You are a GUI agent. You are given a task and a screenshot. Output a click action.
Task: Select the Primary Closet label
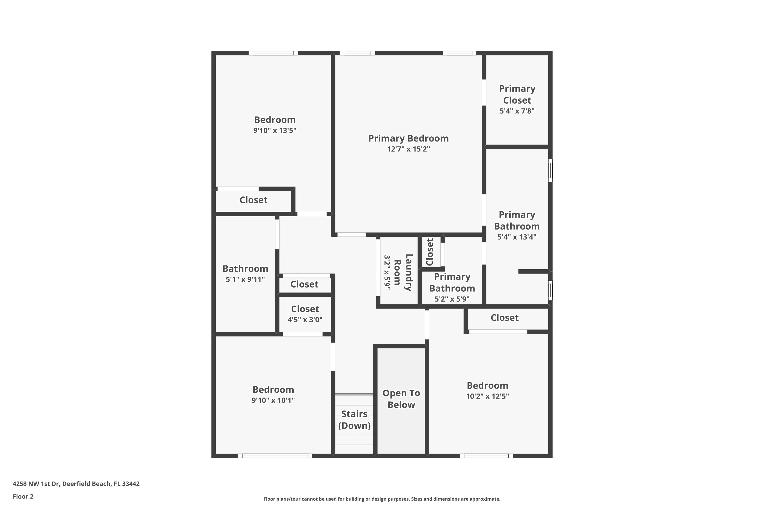point(517,94)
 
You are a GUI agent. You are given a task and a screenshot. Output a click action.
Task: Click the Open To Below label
point(401,399)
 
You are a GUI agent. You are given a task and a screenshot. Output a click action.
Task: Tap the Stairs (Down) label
point(354,420)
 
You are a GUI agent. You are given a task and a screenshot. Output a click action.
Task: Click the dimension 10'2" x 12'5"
point(488,396)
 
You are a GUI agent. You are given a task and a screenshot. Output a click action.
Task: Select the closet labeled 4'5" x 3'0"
point(305,314)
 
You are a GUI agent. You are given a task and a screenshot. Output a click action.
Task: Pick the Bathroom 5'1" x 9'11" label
point(245,273)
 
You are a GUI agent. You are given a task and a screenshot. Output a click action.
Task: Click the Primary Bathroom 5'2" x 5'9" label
point(452,287)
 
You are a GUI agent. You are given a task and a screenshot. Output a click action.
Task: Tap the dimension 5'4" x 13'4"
point(517,237)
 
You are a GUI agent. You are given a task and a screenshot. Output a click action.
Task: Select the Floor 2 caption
point(23,496)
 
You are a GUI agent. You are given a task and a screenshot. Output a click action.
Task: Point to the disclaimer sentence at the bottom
point(382,499)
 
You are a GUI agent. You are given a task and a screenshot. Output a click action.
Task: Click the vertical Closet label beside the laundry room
point(430,252)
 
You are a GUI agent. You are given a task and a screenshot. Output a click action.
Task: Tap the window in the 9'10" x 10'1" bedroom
point(275,456)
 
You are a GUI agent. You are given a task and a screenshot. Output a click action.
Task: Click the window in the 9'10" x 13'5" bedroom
point(273,53)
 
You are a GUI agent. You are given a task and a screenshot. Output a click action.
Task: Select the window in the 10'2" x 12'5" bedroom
point(486,456)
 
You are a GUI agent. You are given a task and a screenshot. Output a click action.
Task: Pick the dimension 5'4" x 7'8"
point(517,111)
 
